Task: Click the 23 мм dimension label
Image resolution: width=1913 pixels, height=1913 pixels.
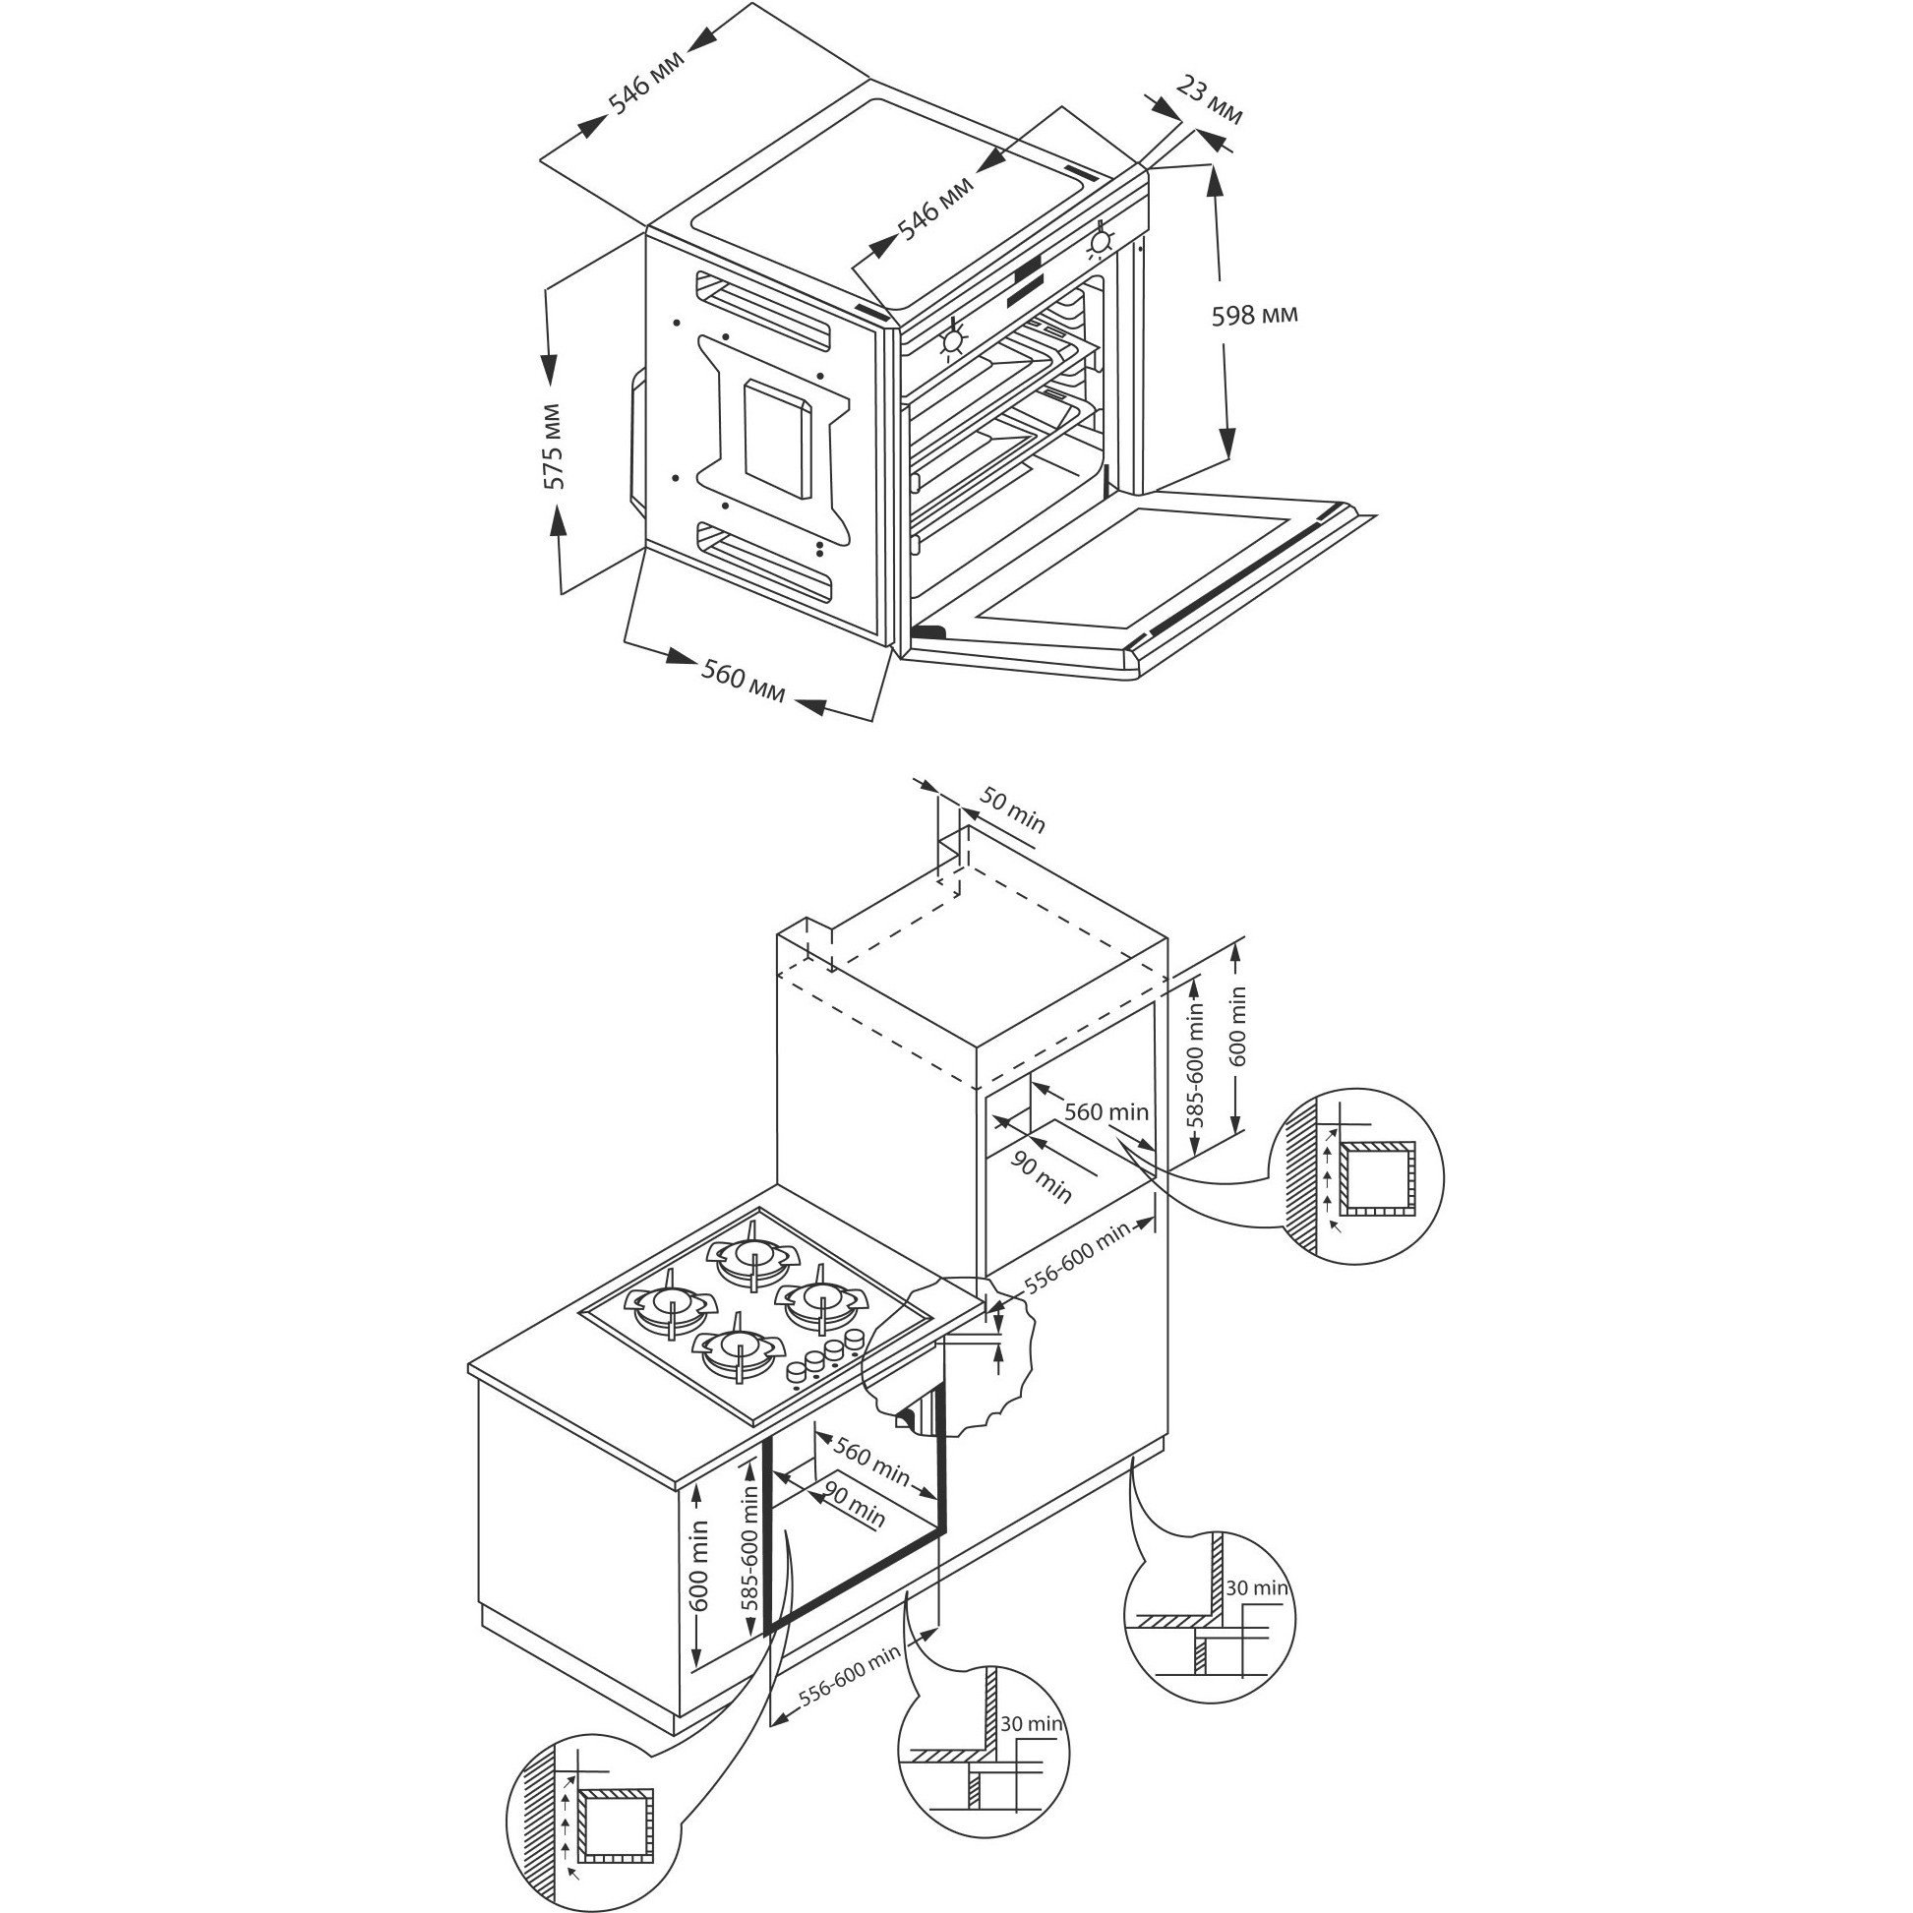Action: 1209,100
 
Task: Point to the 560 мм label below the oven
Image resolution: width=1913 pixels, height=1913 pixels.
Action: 743,683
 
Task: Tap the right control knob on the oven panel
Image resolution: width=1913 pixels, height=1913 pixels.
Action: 1100,243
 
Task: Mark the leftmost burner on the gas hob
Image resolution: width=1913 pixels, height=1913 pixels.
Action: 672,1305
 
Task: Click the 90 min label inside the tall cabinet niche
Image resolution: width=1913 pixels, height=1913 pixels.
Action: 1041,1178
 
